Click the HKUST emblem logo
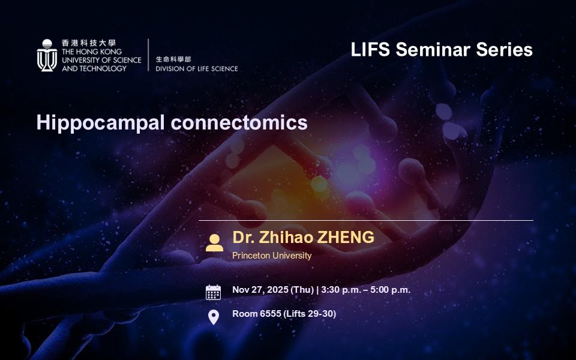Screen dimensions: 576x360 click(47, 55)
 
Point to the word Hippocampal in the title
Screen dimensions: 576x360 click(100, 123)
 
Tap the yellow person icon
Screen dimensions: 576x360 click(214, 243)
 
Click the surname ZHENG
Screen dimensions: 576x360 click(346, 238)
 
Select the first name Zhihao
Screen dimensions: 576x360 click(286, 238)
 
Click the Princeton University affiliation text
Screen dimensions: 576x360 click(272, 256)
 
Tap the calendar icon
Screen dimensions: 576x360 click(213, 292)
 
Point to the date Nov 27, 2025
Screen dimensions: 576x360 click(260, 290)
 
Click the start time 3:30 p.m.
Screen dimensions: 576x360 click(341, 290)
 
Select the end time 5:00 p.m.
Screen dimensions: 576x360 click(390, 290)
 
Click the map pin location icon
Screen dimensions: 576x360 click(214, 317)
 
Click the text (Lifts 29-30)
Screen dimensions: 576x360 click(310, 314)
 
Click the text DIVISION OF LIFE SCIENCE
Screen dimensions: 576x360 click(197, 68)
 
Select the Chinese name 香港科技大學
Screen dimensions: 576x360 click(89, 43)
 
